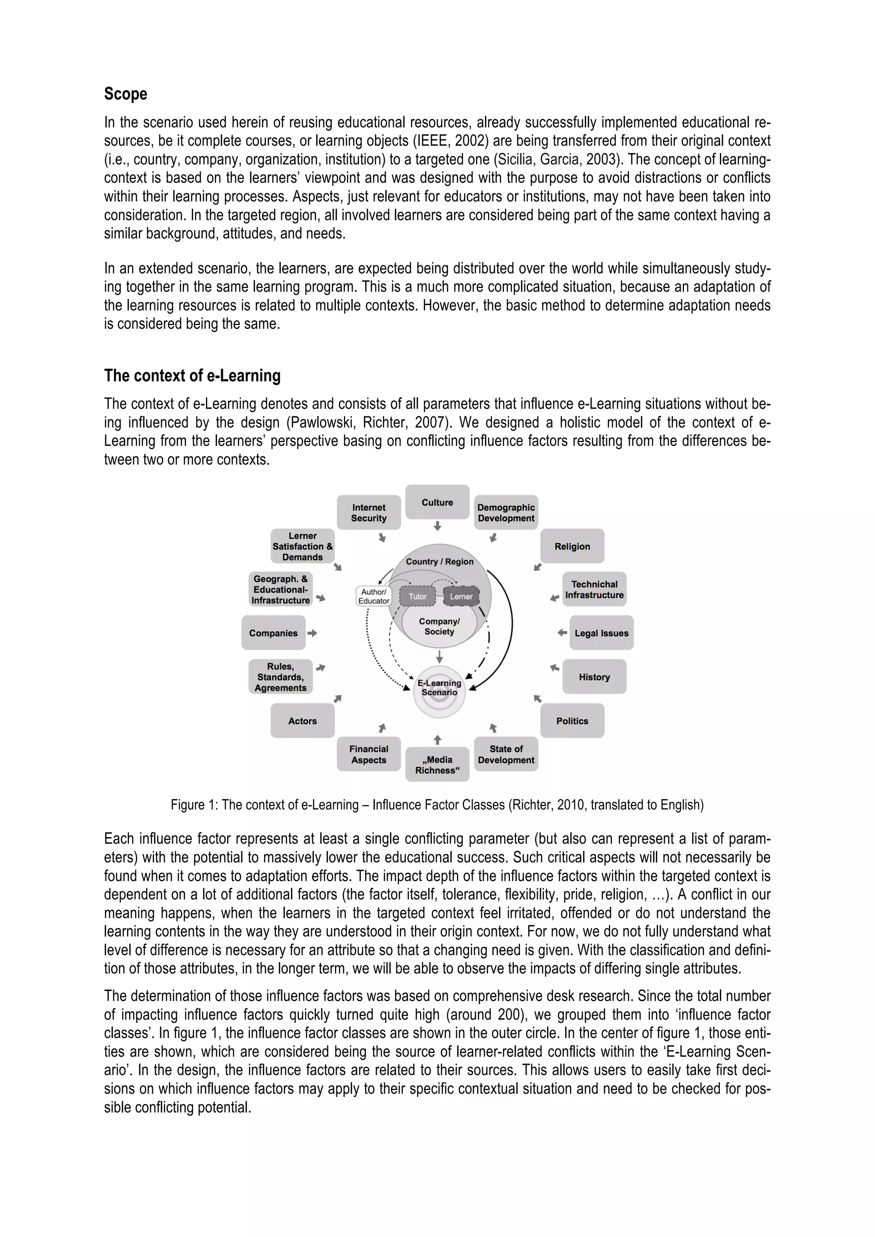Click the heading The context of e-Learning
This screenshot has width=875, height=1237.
pyautogui.click(x=192, y=375)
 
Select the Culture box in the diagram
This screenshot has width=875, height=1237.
pyautogui.click(x=437, y=502)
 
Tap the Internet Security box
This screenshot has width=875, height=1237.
pyautogui.click(x=369, y=513)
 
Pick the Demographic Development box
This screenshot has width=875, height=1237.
pyautogui.click(x=506, y=513)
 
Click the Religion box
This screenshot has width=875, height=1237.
pyautogui.click(x=572, y=546)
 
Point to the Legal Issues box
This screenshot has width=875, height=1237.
pyautogui.click(x=601, y=633)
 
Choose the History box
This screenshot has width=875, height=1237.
pyautogui.click(x=594, y=677)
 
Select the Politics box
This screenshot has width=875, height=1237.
pyautogui.click(x=572, y=721)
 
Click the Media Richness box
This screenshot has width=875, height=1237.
pyautogui.click(x=437, y=765)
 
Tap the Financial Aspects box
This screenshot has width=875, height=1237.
pyautogui.click(x=369, y=754)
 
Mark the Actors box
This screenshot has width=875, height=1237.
pyautogui.click(x=302, y=721)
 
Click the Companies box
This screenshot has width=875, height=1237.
pyautogui.click(x=273, y=633)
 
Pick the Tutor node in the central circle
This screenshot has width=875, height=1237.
pyautogui.click(x=417, y=596)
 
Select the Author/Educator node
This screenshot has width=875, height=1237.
pyautogui.click(x=373, y=596)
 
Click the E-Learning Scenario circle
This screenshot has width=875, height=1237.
pyautogui.click(x=439, y=692)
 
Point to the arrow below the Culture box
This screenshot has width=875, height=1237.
pyautogui.click(x=437, y=526)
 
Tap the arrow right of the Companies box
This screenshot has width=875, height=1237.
pyautogui.click(x=312, y=633)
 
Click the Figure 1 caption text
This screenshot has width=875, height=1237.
pyautogui.click(x=437, y=805)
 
